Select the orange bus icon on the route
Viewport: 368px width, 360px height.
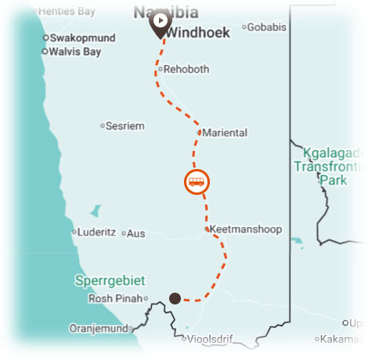point(197,182)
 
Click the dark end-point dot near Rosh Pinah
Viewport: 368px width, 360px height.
point(175,298)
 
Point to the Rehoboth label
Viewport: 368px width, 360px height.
point(186,69)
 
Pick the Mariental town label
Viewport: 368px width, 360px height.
point(225,132)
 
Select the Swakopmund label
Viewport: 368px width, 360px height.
point(81,38)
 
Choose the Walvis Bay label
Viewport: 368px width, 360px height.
point(76,52)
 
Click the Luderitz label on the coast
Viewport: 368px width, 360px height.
point(97,232)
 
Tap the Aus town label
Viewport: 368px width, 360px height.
point(136,233)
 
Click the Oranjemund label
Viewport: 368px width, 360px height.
point(98,328)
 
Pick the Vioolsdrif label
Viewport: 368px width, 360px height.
point(211,340)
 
